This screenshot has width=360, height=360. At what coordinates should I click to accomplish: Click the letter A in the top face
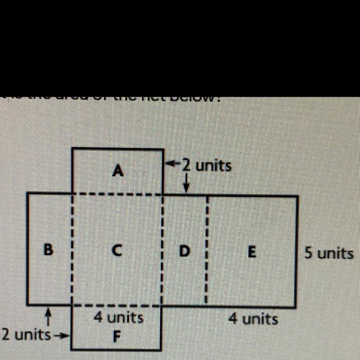tap(118, 171)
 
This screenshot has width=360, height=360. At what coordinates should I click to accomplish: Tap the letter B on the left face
tap(48, 250)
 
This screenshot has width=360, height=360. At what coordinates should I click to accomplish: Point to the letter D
tap(183, 251)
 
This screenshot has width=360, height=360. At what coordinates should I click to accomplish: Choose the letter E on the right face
tap(252, 252)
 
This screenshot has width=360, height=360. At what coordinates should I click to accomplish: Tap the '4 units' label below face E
tap(253, 319)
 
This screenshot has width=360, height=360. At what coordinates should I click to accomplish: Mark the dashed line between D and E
tap(206, 250)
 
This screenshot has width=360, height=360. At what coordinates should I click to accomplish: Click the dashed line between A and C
tap(118, 194)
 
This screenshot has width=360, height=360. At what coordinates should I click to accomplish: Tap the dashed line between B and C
tap(72, 250)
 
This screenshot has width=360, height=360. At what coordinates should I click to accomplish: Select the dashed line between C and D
tap(162, 250)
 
